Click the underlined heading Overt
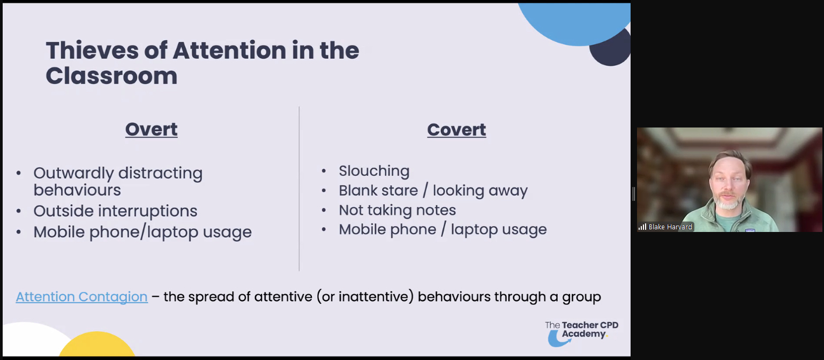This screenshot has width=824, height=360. coord(151,130)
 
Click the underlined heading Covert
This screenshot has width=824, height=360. coord(456,130)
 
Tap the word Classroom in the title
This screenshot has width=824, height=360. coord(111,76)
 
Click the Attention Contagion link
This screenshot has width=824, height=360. coord(81,297)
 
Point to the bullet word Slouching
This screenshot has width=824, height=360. coord(374,171)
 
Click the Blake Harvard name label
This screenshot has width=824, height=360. coord(670,227)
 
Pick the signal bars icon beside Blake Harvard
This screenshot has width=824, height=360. coord(642,227)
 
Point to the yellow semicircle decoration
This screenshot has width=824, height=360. coord(97,344)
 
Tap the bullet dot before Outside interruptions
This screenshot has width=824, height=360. coord(19,211)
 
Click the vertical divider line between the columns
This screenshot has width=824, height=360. coord(299,189)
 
